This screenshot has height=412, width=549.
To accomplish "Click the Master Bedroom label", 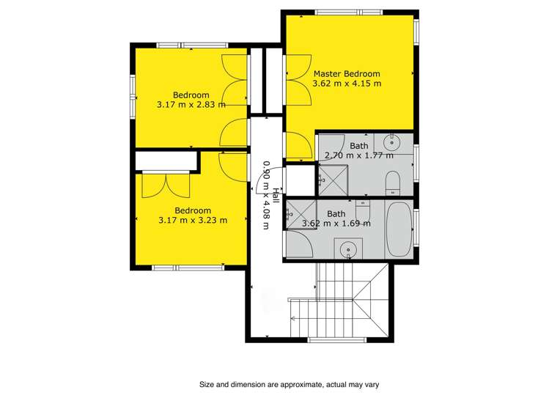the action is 347,74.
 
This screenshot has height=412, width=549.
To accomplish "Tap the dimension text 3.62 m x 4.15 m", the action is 347,84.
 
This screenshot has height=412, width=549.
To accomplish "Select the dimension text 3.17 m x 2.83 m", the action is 191,104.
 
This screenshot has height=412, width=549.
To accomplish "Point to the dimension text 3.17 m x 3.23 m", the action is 193,220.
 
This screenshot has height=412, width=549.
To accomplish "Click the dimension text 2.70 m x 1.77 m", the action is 359,155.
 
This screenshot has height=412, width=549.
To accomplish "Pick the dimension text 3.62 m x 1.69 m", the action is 336,224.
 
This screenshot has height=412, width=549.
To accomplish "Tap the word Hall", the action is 276,196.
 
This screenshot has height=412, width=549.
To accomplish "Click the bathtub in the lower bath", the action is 399,229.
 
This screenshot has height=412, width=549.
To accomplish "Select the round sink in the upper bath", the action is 391,142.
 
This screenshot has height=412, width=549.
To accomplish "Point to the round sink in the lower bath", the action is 348,249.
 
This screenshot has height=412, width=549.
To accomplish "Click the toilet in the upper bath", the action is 392,183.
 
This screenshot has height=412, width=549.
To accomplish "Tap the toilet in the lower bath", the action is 363,211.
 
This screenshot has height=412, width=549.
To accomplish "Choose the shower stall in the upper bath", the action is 333,180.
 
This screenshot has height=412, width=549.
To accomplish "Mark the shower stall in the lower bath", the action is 301,214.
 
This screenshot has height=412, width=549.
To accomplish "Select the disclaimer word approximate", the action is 300,385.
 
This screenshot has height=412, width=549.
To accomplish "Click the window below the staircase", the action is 337,339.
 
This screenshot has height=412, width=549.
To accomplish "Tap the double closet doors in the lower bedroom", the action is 166,185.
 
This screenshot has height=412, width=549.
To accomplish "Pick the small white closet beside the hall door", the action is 301,180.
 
